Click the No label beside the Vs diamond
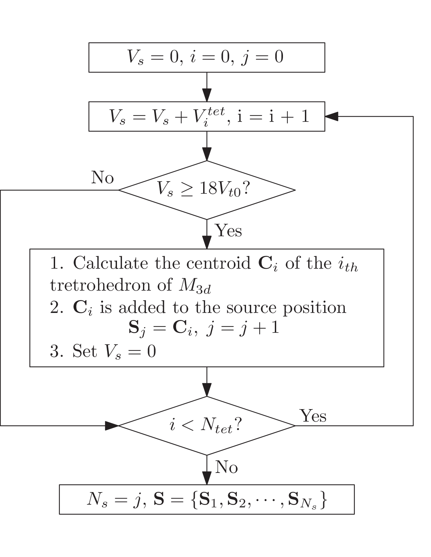(x=102, y=177)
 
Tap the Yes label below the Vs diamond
(x=228, y=231)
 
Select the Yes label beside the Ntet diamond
(x=313, y=416)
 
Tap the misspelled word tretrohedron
(x=100, y=285)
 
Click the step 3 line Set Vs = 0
(x=103, y=351)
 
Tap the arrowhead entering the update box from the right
(x=331, y=116)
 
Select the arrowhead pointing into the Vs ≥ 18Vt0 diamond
(x=207, y=154)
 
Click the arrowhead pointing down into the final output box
(x=207, y=478)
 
